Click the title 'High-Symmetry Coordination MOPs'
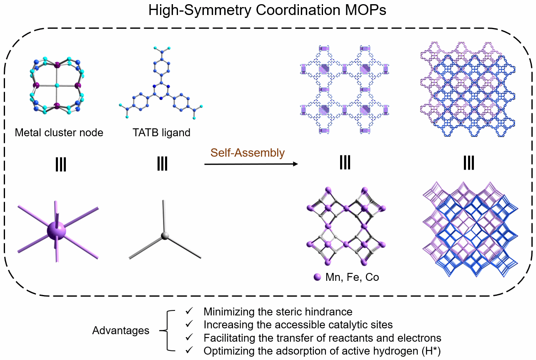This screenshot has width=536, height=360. coord(267,10)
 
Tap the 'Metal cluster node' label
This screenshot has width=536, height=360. coord(59,133)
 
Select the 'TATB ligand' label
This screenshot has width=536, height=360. coord(162,133)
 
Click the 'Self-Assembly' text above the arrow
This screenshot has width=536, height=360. coord(248,153)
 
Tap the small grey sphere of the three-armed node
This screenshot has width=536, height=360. coord(165,236)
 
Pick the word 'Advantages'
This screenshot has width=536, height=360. coord(121,331)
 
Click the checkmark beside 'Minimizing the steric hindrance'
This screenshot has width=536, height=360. coord(189,311)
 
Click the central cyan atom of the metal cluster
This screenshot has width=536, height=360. coord(57,85)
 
